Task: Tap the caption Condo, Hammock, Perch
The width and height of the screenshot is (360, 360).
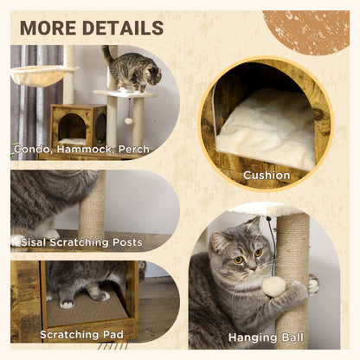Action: click(81, 150)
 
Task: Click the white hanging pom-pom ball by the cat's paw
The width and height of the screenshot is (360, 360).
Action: click(274, 286)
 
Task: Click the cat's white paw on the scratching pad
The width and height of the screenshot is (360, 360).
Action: click(67, 304)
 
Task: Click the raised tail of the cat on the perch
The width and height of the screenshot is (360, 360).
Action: click(106, 55)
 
